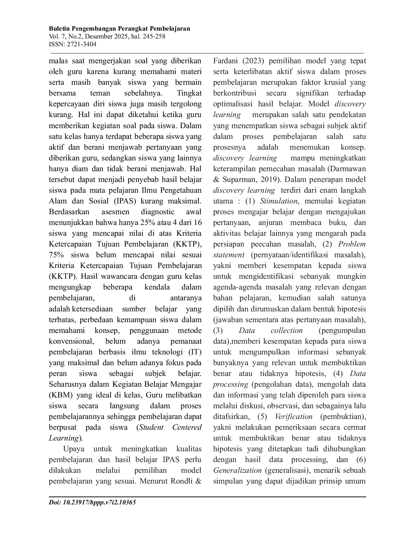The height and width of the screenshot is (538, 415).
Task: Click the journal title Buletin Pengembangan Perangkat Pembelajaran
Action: (x=119, y=29)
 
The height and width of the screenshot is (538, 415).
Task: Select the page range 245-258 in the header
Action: (x=154, y=37)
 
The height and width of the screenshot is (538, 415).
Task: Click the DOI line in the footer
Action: (x=92, y=502)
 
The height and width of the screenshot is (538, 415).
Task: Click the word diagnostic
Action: (x=158, y=212)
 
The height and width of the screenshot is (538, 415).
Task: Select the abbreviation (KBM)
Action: (x=61, y=395)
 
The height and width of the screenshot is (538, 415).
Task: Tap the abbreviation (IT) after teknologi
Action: (x=195, y=352)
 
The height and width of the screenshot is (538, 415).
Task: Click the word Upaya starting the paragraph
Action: (x=74, y=449)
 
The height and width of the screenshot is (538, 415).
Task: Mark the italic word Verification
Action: (x=294, y=417)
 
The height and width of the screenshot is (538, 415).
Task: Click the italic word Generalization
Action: (x=237, y=471)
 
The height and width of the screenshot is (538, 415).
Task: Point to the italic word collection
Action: (x=286, y=331)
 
